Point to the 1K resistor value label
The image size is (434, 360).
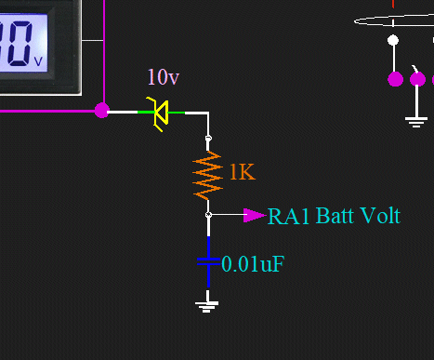[241, 172]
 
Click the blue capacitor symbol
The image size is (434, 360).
[208, 263]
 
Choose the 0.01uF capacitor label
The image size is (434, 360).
[252, 264]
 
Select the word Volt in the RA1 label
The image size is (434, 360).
[378, 217]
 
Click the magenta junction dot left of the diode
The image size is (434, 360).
[102, 111]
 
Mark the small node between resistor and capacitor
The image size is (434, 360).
[208, 215]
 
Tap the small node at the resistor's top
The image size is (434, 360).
[208, 139]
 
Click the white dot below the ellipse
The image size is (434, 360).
[393, 40]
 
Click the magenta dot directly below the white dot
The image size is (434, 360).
[394, 79]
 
